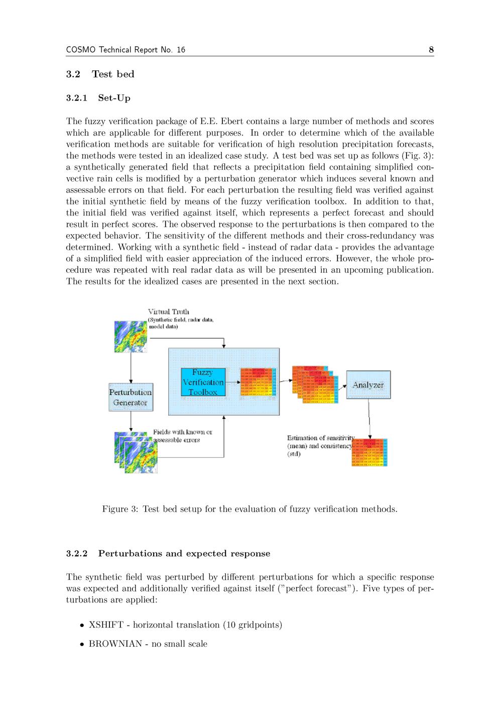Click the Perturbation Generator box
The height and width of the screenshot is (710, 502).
131,397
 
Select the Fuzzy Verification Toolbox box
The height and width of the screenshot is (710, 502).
203,382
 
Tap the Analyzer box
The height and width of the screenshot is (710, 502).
368,385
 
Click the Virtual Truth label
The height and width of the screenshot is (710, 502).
169,312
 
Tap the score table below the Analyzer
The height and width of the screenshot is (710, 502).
370,452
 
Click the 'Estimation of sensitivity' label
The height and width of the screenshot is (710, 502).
320,438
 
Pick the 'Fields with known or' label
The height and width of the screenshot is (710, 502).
183,432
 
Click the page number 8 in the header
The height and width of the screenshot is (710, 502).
431,49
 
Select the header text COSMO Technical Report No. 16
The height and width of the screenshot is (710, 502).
125,49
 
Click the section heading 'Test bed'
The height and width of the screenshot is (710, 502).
113,74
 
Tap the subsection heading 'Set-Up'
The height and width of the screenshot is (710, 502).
114,98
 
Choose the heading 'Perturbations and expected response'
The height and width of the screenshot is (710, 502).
184,554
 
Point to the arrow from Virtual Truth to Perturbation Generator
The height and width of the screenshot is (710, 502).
131,367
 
